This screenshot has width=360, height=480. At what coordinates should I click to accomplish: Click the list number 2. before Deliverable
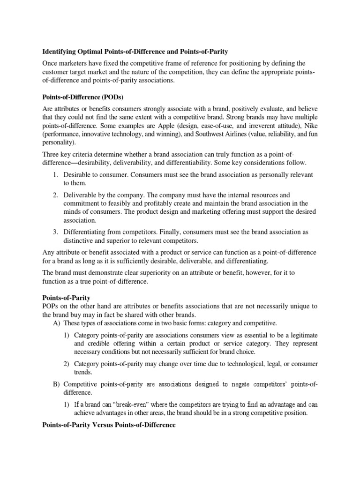[x=55, y=195]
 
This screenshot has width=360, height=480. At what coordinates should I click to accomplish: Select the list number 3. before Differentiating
[x=55, y=232]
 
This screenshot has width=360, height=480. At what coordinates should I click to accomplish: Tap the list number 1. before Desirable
[x=55, y=175]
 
